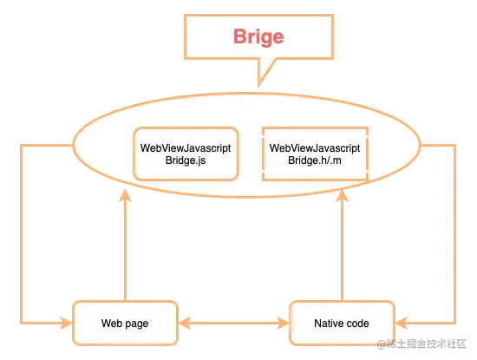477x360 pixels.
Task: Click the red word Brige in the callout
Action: point(258,36)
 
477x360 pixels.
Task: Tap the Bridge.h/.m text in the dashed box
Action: point(315,161)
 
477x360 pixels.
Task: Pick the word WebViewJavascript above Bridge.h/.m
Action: point(315,148)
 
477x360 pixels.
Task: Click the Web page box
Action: point(124,324)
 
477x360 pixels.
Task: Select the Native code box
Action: point(341,324)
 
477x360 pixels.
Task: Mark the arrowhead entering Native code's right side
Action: point(399,324)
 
